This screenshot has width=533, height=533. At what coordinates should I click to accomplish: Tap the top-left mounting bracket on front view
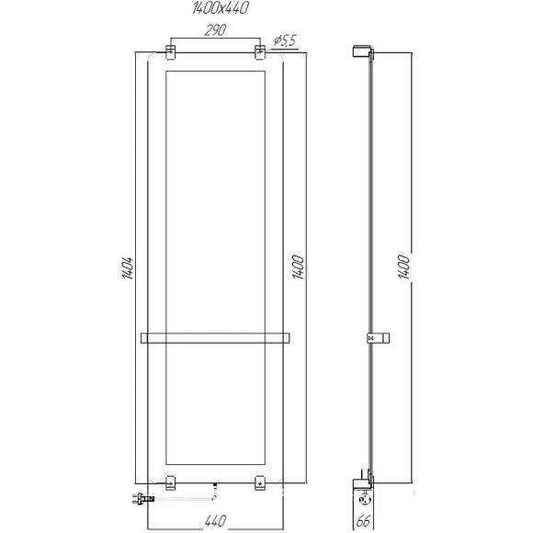(170, 51)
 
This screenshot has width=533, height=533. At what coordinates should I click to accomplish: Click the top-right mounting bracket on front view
(260, 51)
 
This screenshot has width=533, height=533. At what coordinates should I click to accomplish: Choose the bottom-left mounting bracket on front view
(170, 481)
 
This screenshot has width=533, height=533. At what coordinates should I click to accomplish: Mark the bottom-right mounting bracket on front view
(260, 481)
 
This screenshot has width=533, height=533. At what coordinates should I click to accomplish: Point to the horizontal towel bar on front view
(215, 337)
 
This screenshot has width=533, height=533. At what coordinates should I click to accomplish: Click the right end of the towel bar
(288, 337)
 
